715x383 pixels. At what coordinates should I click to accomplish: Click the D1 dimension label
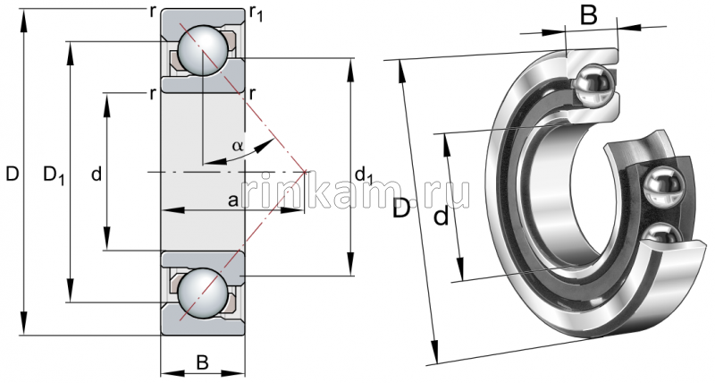coord(54,174)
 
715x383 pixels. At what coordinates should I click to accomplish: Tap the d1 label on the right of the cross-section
coord(364,174)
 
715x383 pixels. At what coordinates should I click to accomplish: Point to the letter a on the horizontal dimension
coord(232,201)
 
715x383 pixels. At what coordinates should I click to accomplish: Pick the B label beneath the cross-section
coord(202,362)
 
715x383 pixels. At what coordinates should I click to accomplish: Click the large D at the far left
coord(12,174)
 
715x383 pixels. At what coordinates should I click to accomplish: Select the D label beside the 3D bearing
coord(403,209)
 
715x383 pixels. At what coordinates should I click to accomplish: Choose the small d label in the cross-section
coord(96,174)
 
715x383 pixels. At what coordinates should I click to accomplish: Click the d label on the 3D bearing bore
coord(441,217)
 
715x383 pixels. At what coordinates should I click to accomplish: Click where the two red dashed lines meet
coord(306,171)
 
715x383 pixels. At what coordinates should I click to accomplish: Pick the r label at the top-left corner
coord(155,11)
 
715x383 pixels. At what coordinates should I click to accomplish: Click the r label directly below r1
coord(254,93)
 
